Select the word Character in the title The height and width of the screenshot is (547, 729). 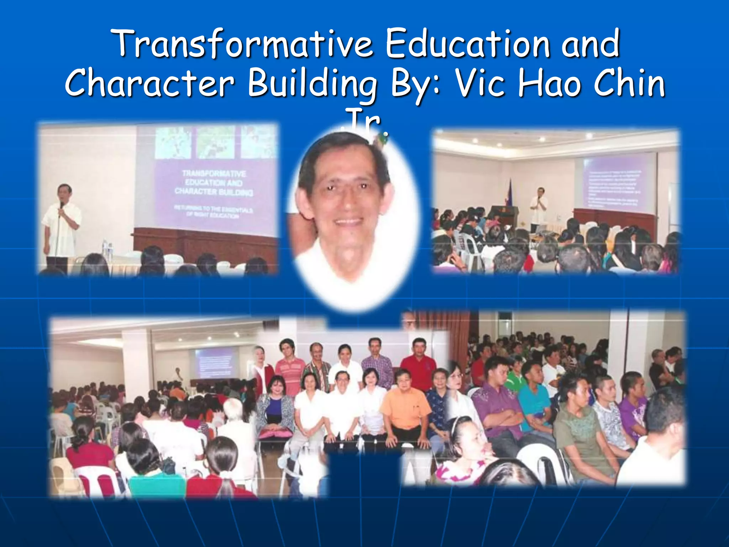coord(150,83)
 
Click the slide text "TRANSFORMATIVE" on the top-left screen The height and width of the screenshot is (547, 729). coord(214,173)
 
